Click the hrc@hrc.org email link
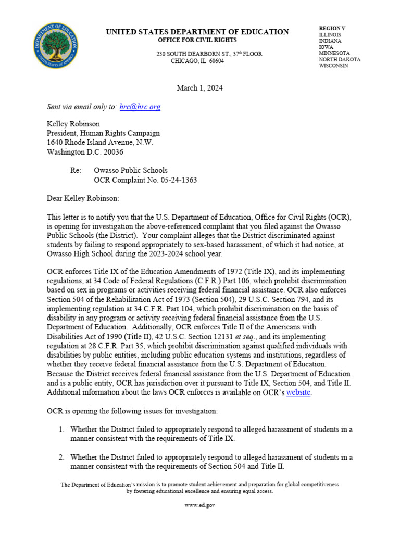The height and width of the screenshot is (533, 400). [x=140, y=107]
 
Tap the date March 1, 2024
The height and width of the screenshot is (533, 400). [x=199, y=88]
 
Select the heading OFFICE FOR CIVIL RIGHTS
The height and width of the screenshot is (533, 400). [x=197, y=40]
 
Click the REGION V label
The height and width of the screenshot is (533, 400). [x=332, y=28]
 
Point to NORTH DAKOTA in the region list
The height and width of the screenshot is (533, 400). [x=339, y=60]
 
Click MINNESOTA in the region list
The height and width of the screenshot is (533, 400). [x=334, y=53]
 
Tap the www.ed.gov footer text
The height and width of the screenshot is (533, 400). [x=199, y=505]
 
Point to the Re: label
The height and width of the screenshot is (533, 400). [x=76, y=170]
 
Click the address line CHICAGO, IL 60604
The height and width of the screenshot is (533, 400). [x=197, y=61]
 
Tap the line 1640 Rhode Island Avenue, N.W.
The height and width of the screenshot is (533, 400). [x=100, y=143]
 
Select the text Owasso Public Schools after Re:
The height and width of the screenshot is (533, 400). [x=131, y=170]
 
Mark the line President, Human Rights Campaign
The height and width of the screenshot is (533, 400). [x=103, y=133]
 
